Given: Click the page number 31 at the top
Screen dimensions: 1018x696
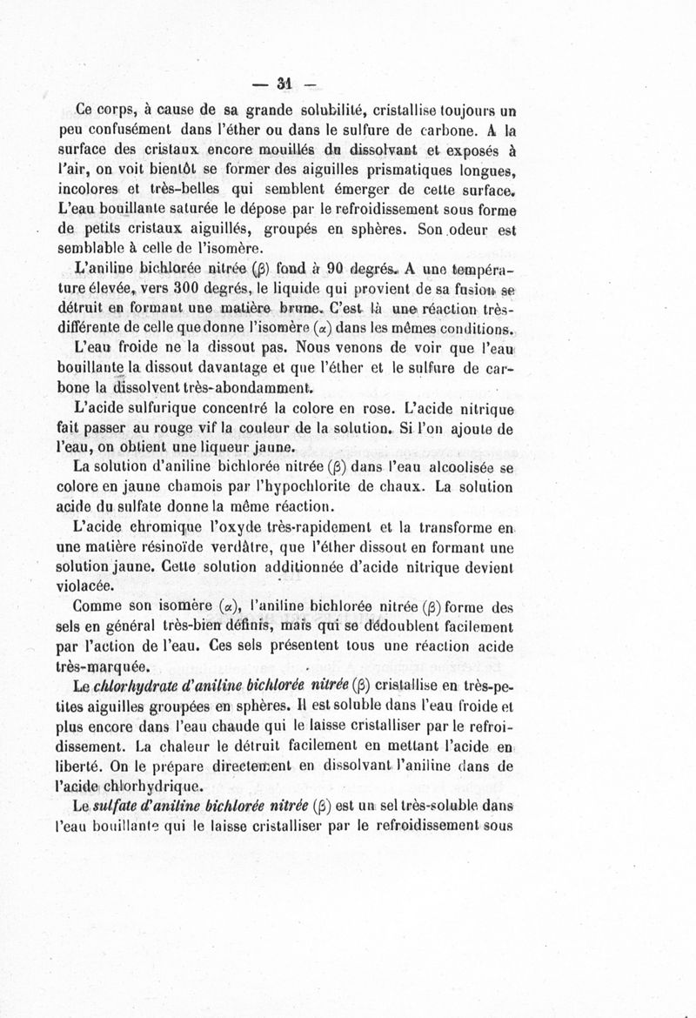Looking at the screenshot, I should pyautogui.click(x=282, y=84).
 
